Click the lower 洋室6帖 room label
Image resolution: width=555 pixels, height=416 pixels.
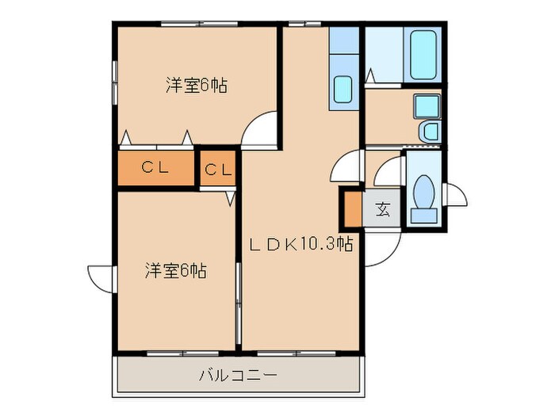pyautogui.click(x=175, y=270)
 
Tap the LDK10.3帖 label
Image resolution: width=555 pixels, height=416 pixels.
pyautogui.click(x=301, y=245)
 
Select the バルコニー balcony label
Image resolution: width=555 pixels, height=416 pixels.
pyautogui.click(x=238, y=374)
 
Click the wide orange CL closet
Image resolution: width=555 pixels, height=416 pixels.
pyautogui.click(x=156, y=167)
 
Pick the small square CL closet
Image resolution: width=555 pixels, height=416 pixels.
pyautogui.click(x=219, y=169)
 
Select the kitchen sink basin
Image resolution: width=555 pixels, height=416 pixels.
pyautogui.click(x=343, y=90)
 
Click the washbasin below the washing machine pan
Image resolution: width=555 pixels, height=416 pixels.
pyautogui.click(x=429, y=132)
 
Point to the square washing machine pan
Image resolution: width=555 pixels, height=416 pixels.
pyautogui.click(x=427, y=105)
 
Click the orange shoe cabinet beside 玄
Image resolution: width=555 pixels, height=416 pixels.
pyautogui.click(x=352, y=208)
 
